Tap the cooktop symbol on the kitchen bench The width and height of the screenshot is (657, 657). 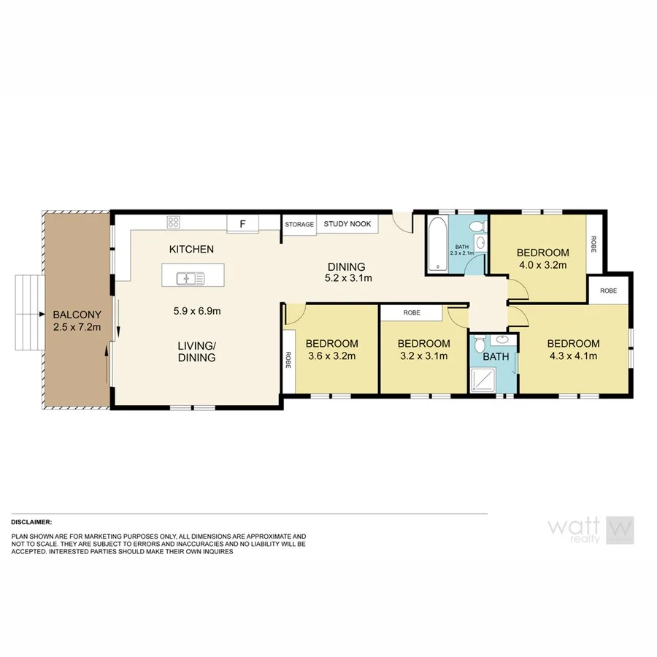(174, 222)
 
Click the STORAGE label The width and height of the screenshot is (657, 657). (299, 224)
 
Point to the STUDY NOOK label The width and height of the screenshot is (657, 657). (347, 224)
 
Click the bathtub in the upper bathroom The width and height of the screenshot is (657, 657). (437, 243)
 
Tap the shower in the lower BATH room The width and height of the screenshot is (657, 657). (481, 377)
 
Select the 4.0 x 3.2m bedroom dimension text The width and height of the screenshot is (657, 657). (542, 266)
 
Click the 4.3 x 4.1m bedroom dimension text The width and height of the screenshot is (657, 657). (573, 356)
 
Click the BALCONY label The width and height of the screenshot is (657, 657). (76, 315)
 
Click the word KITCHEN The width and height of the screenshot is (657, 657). (191, 250)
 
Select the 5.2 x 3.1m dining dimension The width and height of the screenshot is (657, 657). (348, 278)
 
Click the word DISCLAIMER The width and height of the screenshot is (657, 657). (31, 523)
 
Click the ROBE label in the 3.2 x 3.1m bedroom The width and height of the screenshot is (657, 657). (411, 312)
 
